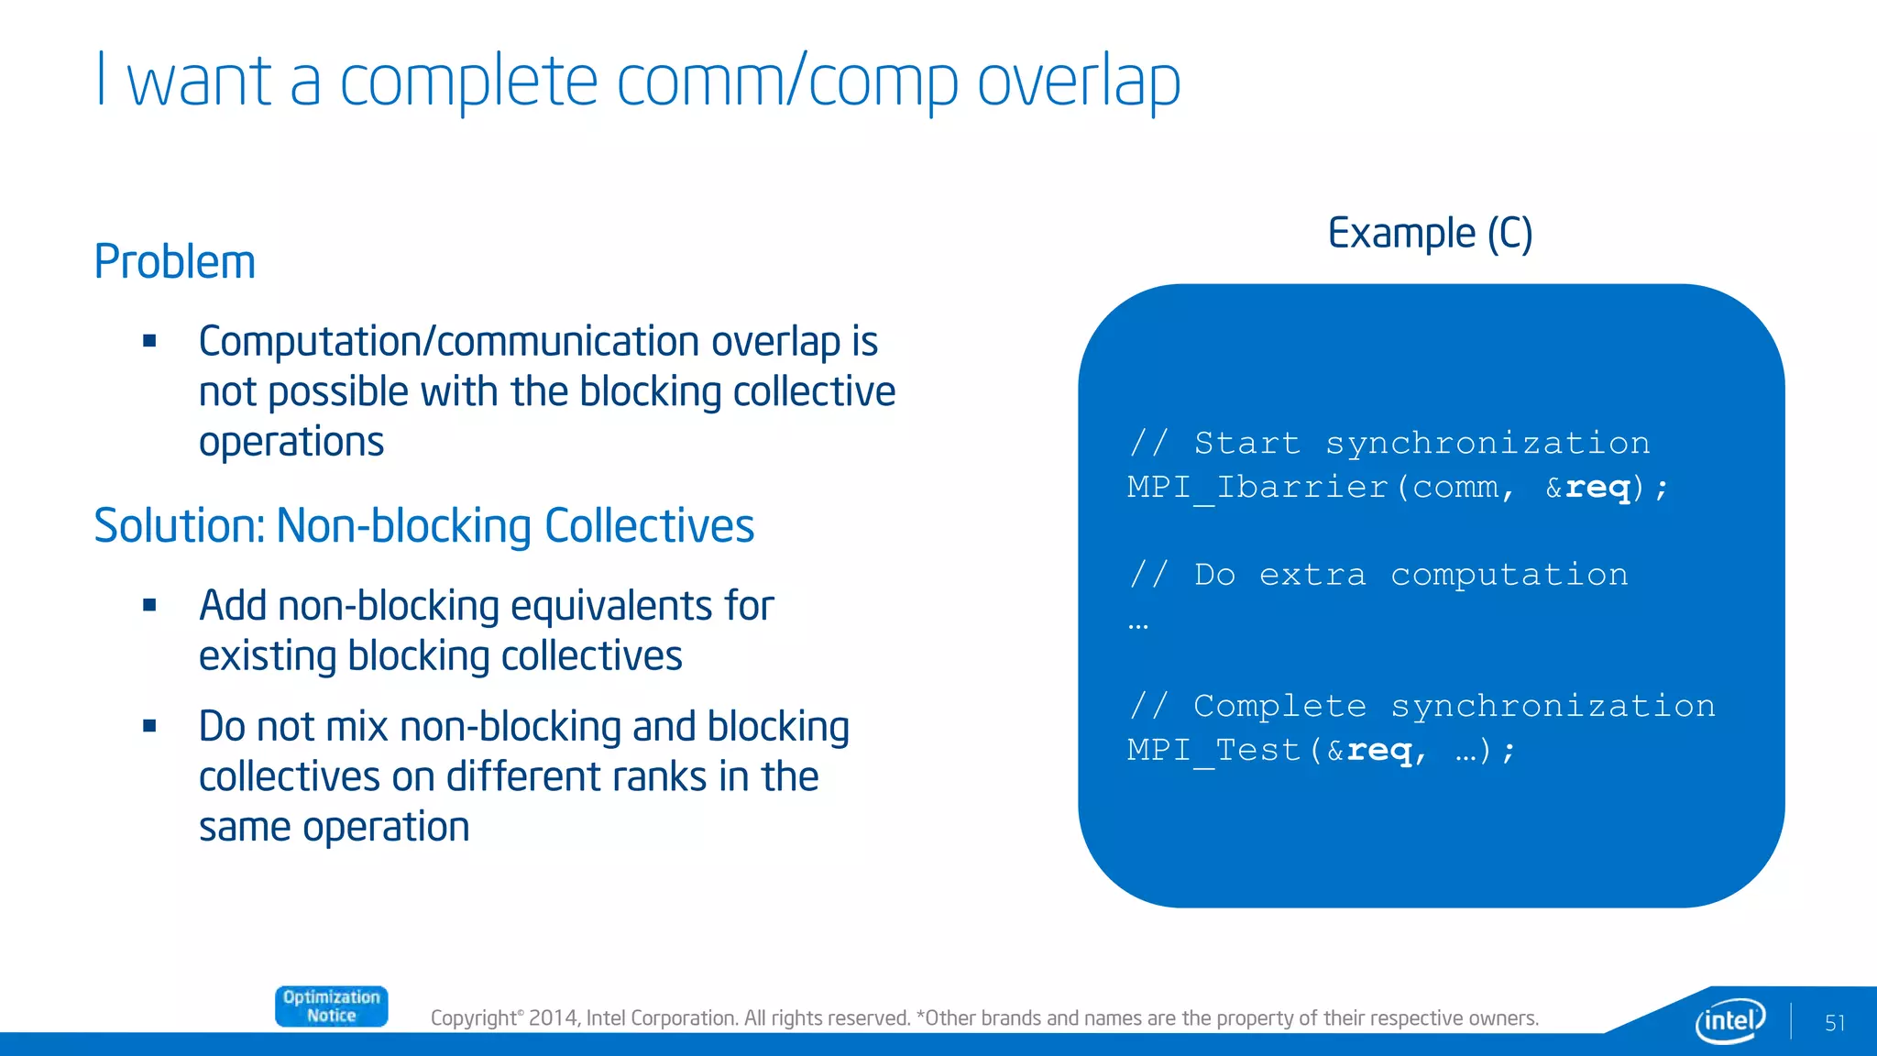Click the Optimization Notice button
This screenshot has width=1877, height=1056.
331,1006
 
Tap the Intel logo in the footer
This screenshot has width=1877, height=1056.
1729,1019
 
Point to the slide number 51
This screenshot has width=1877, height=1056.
1834,1023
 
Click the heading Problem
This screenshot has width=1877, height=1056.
174,262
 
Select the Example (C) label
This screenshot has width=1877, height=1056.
1430,234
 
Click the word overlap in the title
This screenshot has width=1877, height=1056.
1078,82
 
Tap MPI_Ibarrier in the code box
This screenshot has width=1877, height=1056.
1257,487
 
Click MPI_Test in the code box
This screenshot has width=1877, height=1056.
1213,750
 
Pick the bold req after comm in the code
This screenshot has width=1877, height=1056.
1597,488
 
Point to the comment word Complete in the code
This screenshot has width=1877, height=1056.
1279,706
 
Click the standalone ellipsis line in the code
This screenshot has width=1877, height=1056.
1137,625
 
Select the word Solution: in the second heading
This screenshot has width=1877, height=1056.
180,526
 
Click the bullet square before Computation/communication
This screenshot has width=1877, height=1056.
150,342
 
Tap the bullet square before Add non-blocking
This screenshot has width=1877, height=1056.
150,605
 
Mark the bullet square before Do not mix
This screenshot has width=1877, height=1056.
150,726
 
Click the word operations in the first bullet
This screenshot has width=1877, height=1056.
291,443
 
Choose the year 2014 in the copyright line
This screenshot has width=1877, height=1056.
553,1018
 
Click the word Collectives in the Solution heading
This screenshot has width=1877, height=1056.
649,526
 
